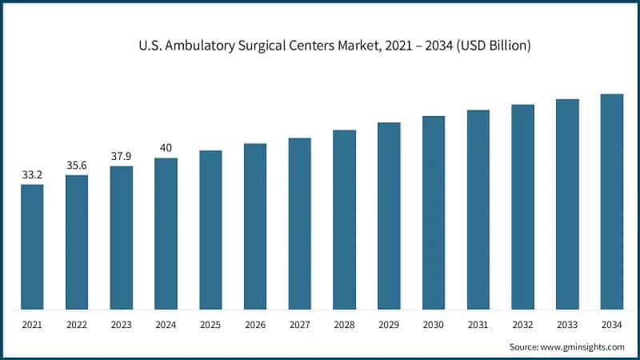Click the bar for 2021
coord(32,247)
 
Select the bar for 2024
coord(166,234)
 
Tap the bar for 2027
coord(300,224)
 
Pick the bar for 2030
coord(434,213)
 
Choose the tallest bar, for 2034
coord(612,202)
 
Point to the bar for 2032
coord(523,207)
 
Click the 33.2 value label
coord(32,174)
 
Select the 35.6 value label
coord(77,165)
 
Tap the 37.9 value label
coord(122,156)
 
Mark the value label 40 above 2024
coord(166,148)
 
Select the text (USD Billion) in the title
coord(490,46)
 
